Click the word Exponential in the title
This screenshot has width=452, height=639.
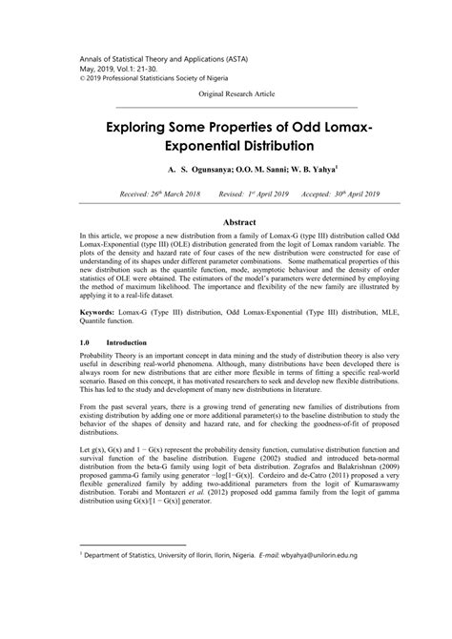191,149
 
